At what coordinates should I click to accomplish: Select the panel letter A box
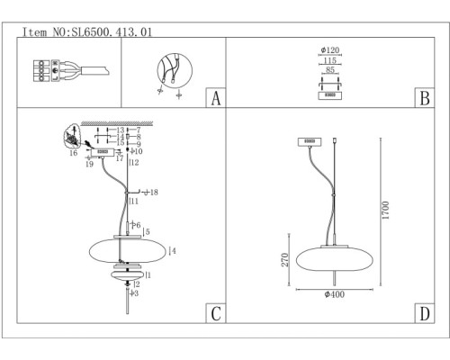(214, 97)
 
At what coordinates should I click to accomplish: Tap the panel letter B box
(422, 97)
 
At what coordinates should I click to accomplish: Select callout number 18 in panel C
(154, 193)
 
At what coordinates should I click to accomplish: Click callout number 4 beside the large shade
(172, 250)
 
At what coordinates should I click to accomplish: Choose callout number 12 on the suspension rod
(134, 163)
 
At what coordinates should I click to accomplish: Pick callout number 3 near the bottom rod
(135, 293)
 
